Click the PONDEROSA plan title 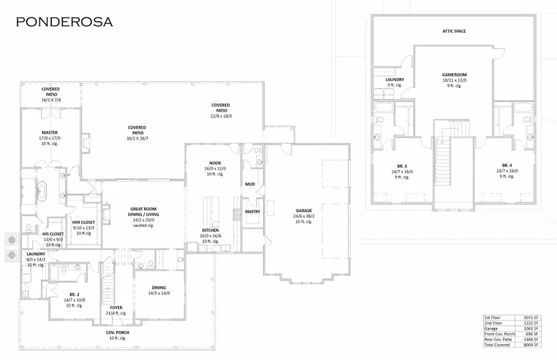click(64, 22)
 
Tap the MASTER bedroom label click(50, 132)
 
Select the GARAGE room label click(304, 210)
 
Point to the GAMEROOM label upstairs click(454, 73)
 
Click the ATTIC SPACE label click(454, 30)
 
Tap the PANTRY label click(253, 212)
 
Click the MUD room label click(250, 184)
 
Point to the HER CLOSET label click(83, 222)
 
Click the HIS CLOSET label click(53, 234)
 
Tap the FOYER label click(116, 307)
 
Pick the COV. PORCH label click(118, 332)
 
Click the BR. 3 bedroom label click(402, 166)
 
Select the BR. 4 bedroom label click(507, 166)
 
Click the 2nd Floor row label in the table click(493, 323)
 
